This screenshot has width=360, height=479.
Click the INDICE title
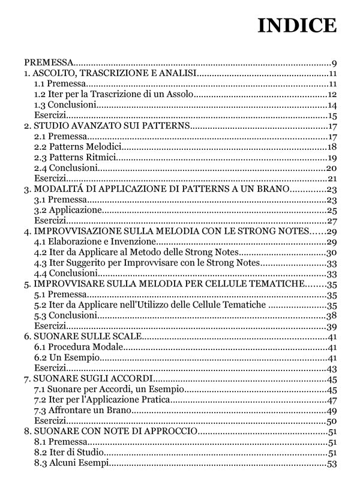pyautogui.click(x=297, y=26)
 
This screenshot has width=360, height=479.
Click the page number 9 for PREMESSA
pyautogui.click(x=334, y=62)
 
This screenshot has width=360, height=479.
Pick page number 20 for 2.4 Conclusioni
pyautogui.click(x=331, y=168)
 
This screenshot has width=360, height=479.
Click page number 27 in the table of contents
pyautogui.click(x=331, y=221)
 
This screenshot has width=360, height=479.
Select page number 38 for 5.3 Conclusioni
pyautogui.click(x=331, y=315)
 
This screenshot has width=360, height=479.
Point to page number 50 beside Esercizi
pyautogui.click(x=331, y=421)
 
